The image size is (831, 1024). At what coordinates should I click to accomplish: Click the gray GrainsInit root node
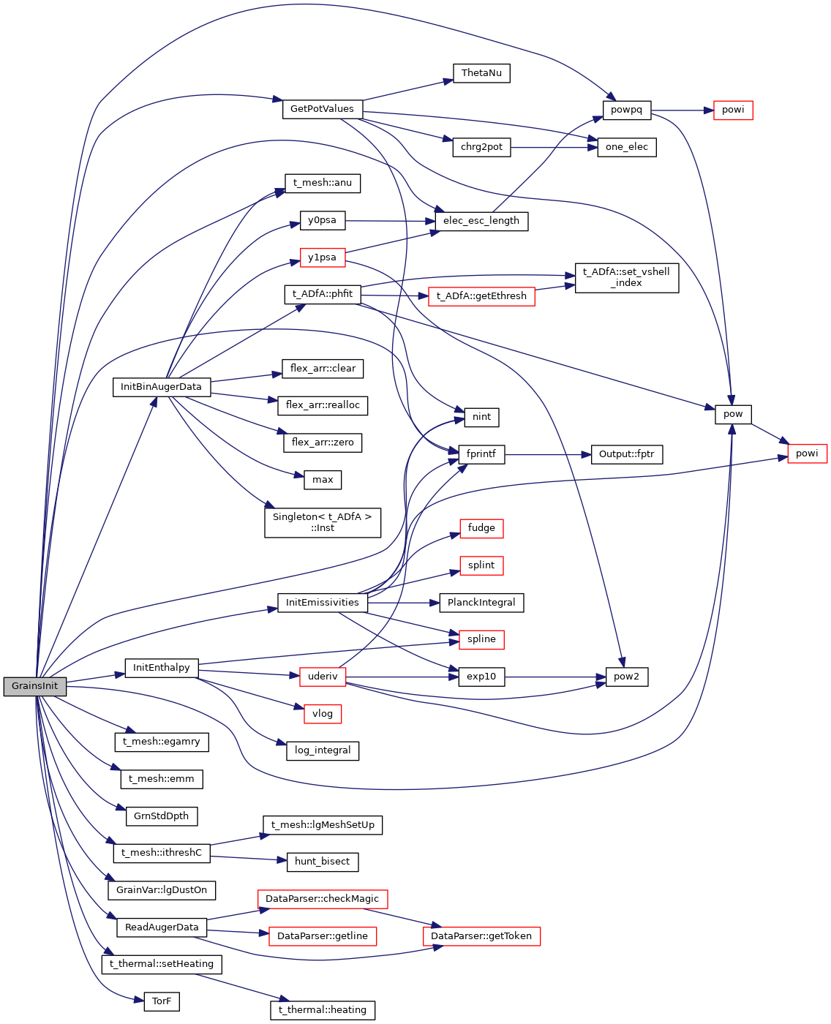pyautogui.click(x=34, y=686)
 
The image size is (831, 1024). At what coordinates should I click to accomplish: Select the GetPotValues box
pyautogui.click(x=322, y=109)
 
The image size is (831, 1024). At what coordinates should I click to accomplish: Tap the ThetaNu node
pyautogui.click(x=481, y=73)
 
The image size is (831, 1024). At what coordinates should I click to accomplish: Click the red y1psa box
pyautogui.click(x=322, y=257)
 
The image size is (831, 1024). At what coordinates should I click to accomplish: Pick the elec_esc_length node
pyautogui.click(x=481, y=221)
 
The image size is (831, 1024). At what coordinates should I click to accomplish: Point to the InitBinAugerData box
pyautogui.click(x=161, y=387)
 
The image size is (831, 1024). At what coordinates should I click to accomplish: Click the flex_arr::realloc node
pyautogui.click(x=323, y=405)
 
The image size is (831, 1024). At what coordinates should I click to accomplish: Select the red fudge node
pyautogui.click(x=481, y=528)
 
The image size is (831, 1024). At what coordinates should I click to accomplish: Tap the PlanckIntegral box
pyautogui.click(x=481, y=603)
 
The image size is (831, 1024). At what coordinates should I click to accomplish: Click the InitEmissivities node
pyautogui.click(x=322, y=603)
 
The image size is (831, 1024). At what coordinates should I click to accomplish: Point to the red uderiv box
pyautogui.click(x=323, y=677)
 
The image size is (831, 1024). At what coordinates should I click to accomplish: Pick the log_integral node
pyautogui.click(x=323, y=750)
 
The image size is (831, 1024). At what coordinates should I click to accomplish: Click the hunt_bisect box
pyautogui.click(x=322, y=862)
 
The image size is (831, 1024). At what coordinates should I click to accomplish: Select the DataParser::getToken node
pyautogui.click(x=481, y=936)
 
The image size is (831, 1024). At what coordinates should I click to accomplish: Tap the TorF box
pyautogui.click(x=162, y=1001)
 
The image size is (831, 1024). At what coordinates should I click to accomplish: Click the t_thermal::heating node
pyautogui.click(x=323, y=1010)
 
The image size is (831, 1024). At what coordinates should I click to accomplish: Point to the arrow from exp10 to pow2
pyautogui.click(x=554, y=677)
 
